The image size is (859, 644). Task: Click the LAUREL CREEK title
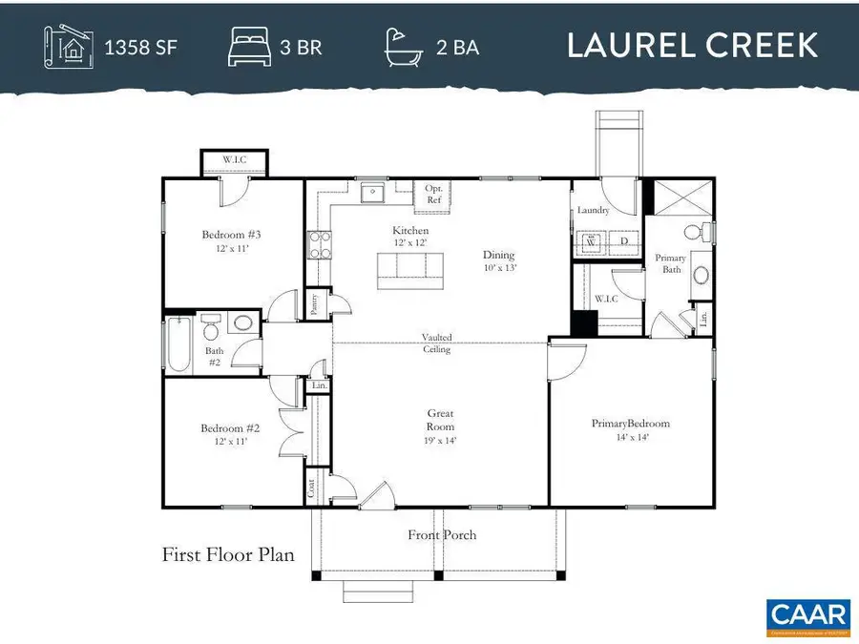click(692, 46)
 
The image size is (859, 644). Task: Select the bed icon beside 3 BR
click(249, 46)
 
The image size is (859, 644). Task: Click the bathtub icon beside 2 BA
click(406, 46)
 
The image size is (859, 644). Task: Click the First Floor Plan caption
click(228, 554)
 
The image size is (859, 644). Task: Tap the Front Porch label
click(442, 535)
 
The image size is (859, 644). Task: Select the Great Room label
click(440, 421)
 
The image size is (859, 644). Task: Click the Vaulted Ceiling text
click(438, 343)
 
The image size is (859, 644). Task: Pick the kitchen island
click(411, 270)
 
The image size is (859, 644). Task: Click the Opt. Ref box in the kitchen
click(433, 195)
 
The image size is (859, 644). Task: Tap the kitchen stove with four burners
click(318, 244)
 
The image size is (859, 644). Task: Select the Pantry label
click(316, 304)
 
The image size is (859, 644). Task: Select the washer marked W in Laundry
click(591, 243)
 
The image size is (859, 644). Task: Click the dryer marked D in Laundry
click(624, 243)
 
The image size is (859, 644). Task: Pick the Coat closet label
click(312, 488)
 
